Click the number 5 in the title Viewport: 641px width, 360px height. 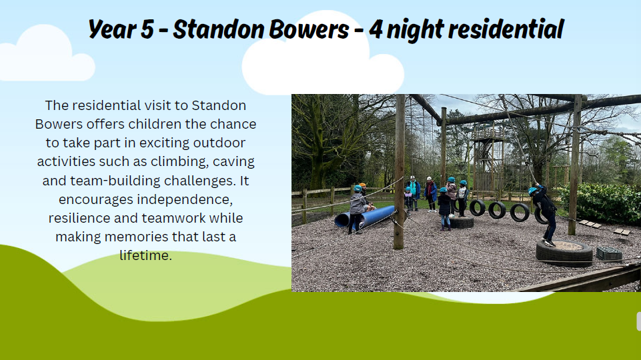pos(147,29)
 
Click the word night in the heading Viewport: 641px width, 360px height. pos(415,30)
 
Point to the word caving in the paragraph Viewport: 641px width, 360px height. pos(233,162)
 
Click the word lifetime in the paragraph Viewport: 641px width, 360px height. pos(145,255)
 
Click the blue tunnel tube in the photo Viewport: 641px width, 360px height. pos(364,217)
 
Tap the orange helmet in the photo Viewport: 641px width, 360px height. pos(362,185)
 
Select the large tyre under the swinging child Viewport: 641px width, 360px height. pos(564,252)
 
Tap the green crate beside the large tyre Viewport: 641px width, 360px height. pos(609,253)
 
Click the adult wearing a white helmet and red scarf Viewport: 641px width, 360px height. pos(430,194)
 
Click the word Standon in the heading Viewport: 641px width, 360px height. pos(219,29)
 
